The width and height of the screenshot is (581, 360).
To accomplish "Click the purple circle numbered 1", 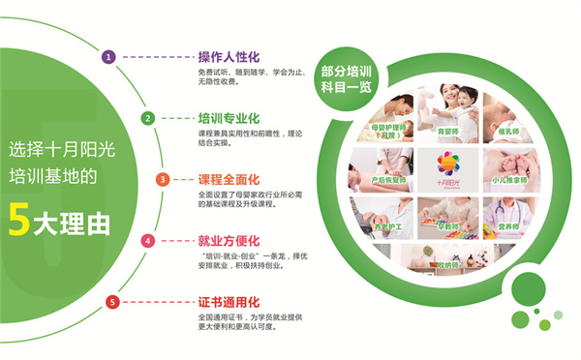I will (x=108, y=57).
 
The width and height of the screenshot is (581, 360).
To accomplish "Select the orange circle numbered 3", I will (x=164, y=179).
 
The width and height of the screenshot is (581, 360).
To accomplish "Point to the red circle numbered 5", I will (x=111, y=302).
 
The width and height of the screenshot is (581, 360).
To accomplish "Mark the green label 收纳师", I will (x=446, y=263).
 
